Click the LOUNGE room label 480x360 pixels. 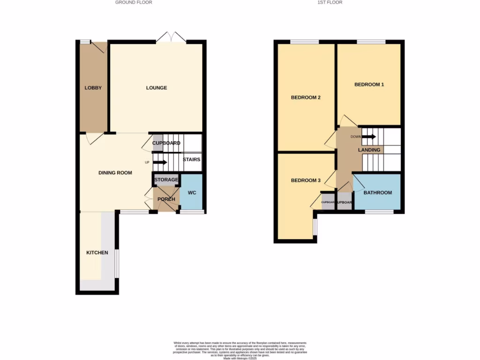[x=156, y=88]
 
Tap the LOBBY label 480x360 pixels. [x=93, y=88]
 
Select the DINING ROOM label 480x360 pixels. [x=115, y=172]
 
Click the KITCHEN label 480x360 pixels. [x=97, y=253]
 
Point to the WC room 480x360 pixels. [x=192, y=193]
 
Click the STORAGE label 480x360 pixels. [x=166, y=180]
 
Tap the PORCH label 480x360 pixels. [x=166, y=199]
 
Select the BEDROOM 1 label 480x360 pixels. [x=369, y=85]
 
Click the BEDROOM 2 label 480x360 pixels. [x=306, y=98]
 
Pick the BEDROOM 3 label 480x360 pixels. [x=306, y=180]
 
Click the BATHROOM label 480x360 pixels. [x=377, y=193]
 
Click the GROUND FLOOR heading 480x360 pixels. [x=134, y=2]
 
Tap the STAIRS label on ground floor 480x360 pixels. [x=191, y=159]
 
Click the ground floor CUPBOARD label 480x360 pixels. [x=166, y=143]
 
